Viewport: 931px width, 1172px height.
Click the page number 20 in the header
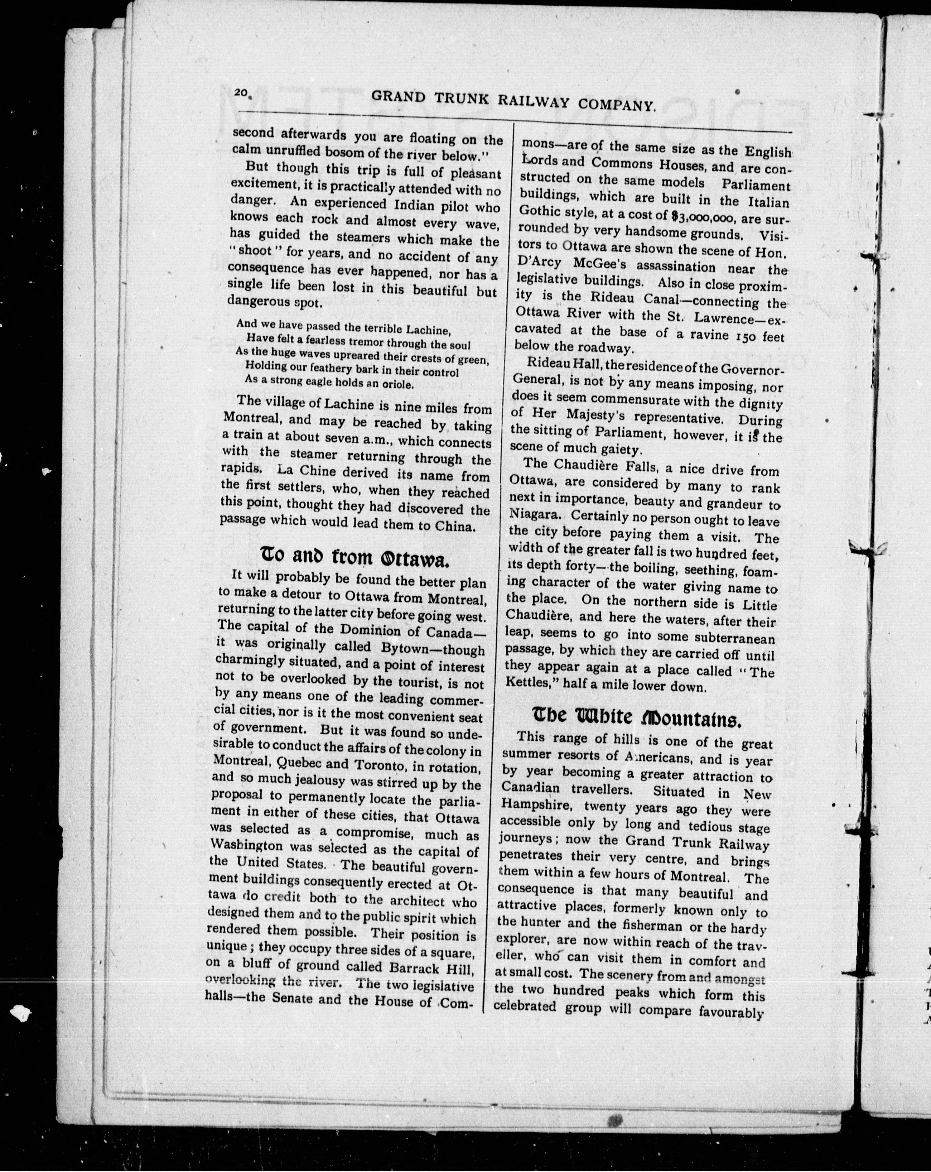tap(241, 93)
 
